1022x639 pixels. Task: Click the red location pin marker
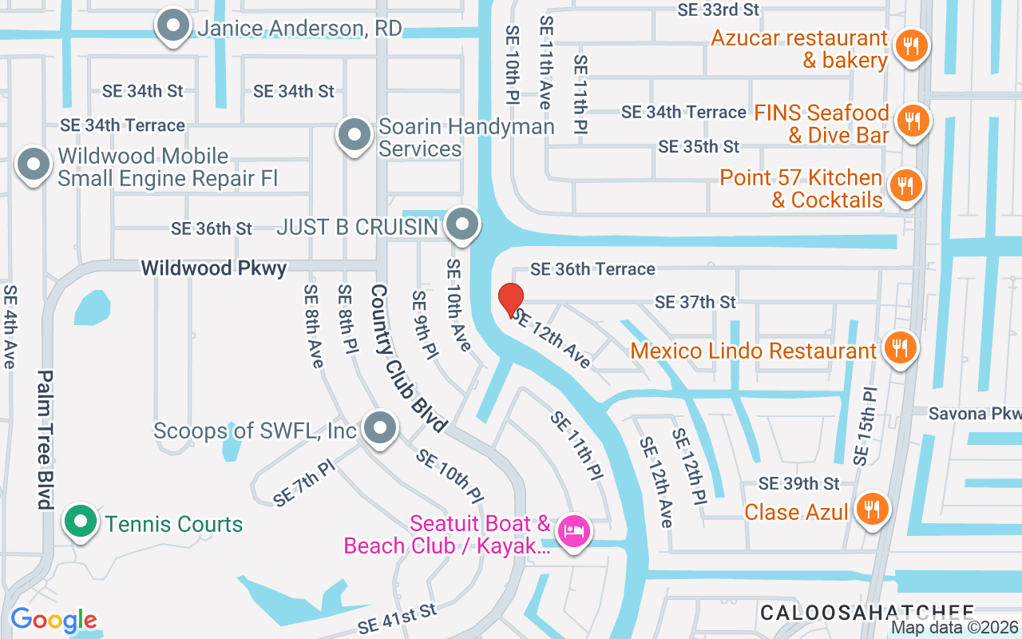(511, 300)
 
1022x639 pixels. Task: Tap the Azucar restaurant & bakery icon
(909, 46)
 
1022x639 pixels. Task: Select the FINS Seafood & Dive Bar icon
(909, 121)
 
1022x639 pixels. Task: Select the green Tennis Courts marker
(80, 522)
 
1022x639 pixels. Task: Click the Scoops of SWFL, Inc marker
(379, 428)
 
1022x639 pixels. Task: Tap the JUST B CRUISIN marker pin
(461, 224)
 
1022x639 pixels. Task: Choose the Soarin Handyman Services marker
(354, 135)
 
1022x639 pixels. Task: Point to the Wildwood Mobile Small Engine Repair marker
(33, 165)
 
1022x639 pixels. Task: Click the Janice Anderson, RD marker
(172, 26)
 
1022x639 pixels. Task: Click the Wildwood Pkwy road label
(214, 268)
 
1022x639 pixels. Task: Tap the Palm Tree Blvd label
(45, 439)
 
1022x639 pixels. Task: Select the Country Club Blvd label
(407, 359)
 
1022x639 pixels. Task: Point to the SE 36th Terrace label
(592, 269)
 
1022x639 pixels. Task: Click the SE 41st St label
(398, 616)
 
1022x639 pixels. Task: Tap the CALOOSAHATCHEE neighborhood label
(867, 612)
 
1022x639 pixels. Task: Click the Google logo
(53, 620)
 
